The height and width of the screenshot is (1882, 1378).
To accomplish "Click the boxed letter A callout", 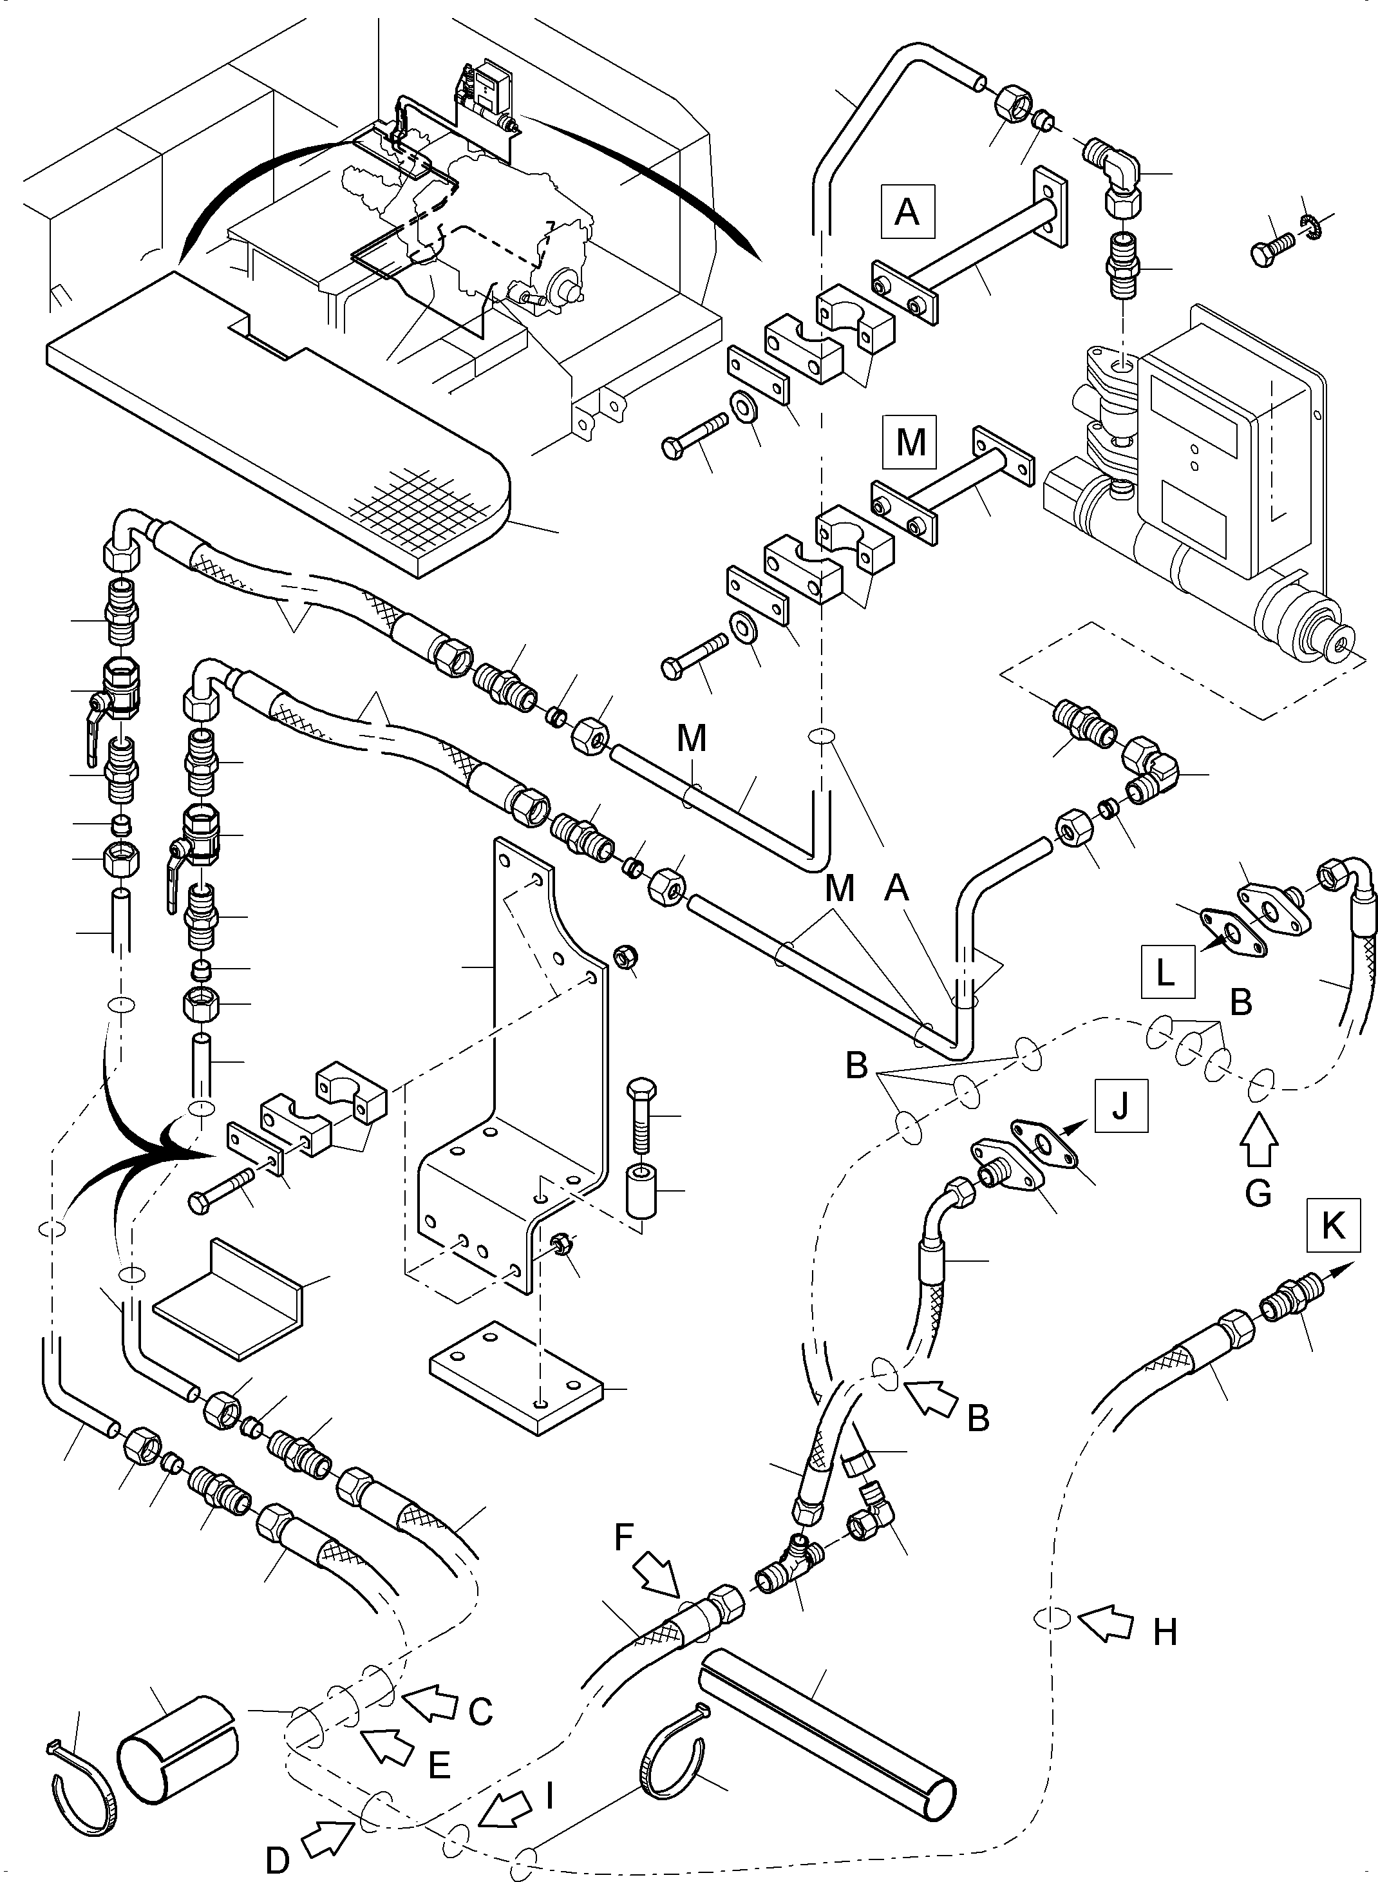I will [907, 212].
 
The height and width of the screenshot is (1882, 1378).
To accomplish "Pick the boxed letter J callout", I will [1120, 1106].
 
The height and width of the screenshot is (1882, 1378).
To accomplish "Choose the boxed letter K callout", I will [1333, 1226].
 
